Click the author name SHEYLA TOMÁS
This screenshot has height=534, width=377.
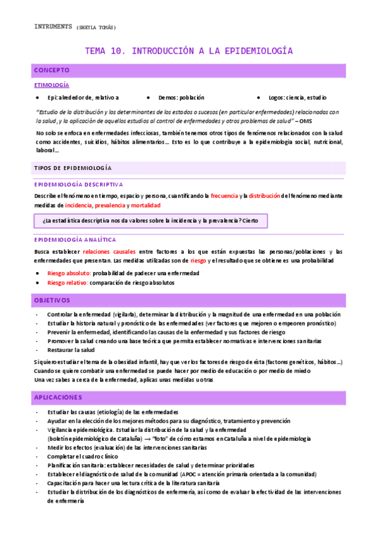pyautogui.click(x=96, y=27)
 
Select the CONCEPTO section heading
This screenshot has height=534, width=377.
pyautogui.click(x=52, y=70)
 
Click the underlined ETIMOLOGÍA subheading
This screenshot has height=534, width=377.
pyautogui.click(x=52, y=84)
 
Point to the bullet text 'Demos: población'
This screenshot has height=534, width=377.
pyautogui.click(x=180, y=98)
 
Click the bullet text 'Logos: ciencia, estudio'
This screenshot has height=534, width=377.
pyautogui.click(x=297, y=98)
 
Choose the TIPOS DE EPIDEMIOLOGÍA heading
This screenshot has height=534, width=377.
pyautogui.click(x=72, y=168)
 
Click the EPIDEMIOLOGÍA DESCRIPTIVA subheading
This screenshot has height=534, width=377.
pyautogui.click(x=79, y=184)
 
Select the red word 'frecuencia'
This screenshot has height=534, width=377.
pyautogui.click(x=224, y=196)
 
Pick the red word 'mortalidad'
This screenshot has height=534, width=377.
pyautogui.click(x=145, y=205)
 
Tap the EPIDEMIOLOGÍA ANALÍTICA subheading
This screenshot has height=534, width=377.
pyautogui.click(x=75, y=239)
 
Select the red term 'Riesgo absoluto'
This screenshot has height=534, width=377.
pyautogui.click(x=69, y=273)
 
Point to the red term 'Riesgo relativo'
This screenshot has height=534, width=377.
pyautogui.click(x=67, y=283)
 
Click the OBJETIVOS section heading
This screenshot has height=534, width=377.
pyautogui.click(x=52, y=300)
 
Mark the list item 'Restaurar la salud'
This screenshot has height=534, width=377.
pyautogui.click(x=70, y=349)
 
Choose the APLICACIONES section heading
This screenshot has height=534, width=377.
pyautogui.click(x=58, y=397)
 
